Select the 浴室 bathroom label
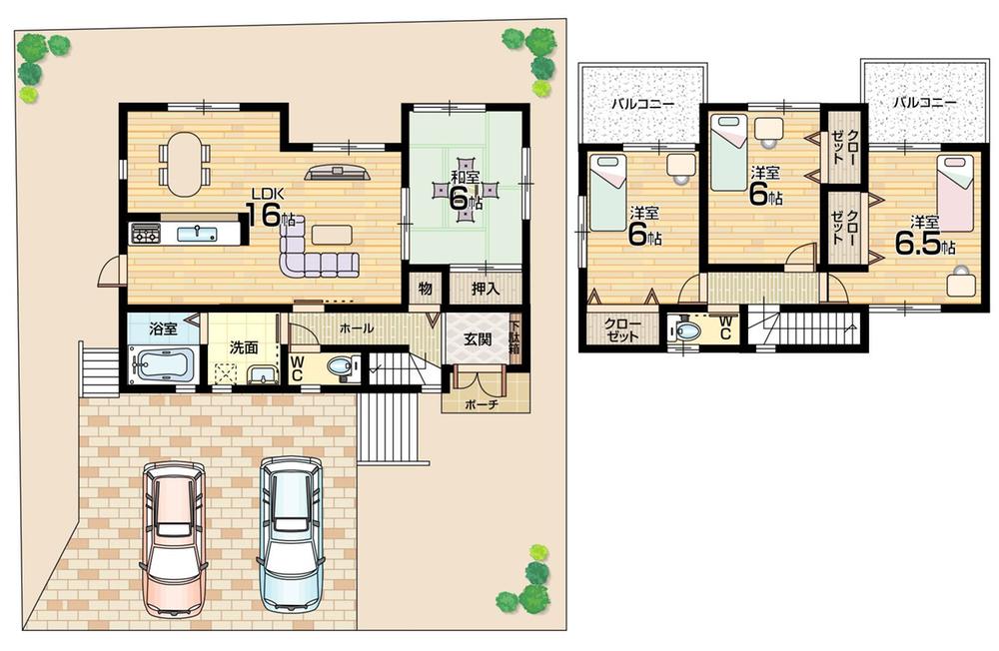163,327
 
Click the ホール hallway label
357,327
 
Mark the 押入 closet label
485,289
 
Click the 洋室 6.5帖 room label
919,236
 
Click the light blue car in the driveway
291,531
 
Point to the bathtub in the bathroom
160,365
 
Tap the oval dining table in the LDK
184,164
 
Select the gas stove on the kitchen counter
145,235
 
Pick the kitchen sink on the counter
197,234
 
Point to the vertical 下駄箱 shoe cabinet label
514,337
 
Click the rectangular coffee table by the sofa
332,234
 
